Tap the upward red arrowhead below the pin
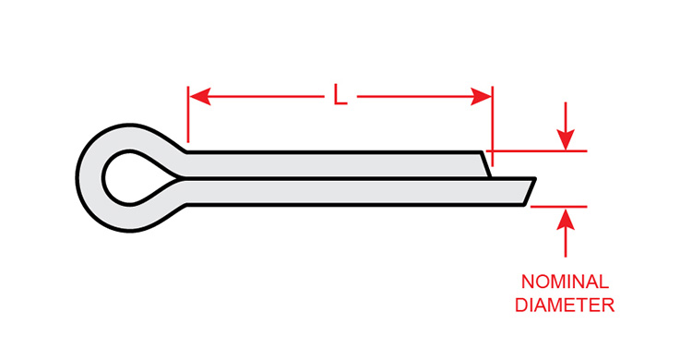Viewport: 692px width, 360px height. pyautogui.click(x=567, y=217)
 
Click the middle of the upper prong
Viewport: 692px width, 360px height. pyautogui.click(x=332, y=162)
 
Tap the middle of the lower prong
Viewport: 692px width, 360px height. pyautogui.click(x=351, y=191)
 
